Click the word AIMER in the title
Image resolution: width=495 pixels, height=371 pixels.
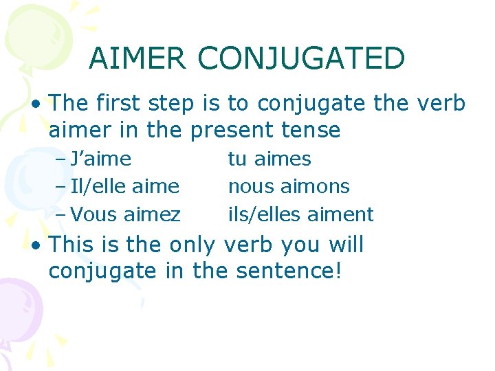(x=137, y=58)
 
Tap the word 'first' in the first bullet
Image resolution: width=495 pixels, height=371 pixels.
(x=120, y=104)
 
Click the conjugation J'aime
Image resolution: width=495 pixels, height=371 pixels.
(x=100, y=159)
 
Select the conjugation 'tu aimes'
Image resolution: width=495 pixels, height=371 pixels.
(x=269, y=159)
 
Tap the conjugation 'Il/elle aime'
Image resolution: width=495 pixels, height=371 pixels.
(x=125, y=186)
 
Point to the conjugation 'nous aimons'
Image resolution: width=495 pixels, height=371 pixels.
(x=289, y=186)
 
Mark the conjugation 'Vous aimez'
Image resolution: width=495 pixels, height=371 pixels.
(x=126, y=214)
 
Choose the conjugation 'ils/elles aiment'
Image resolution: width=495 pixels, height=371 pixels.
(x=300, y=214)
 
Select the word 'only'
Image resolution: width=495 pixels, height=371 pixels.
(x=192, y=245)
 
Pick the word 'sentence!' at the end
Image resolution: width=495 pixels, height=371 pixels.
(x=289, y=271)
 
